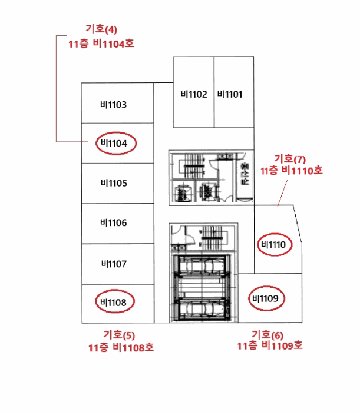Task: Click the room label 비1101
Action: point(230,94)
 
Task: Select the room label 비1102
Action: point(194,94)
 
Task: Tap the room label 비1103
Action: point(113,105)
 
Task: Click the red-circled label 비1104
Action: point(114,144)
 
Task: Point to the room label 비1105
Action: point(114,183)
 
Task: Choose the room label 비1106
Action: point(114,223)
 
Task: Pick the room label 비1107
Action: point(114,264)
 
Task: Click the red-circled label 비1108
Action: point(113,303)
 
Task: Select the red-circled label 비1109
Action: point(265,298)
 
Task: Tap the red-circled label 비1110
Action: point(273,245)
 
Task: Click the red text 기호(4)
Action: point(101,29)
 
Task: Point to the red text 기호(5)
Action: point(119,335)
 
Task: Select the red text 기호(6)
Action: point(267,335)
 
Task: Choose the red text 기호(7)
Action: point(290,159)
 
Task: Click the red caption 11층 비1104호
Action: point(101,44)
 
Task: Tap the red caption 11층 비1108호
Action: point(121,348)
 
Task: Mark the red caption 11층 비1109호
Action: point(270,345)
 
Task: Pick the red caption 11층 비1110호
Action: point(292,171)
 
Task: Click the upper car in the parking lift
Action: point(202,266)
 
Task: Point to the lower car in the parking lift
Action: point(202,309)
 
